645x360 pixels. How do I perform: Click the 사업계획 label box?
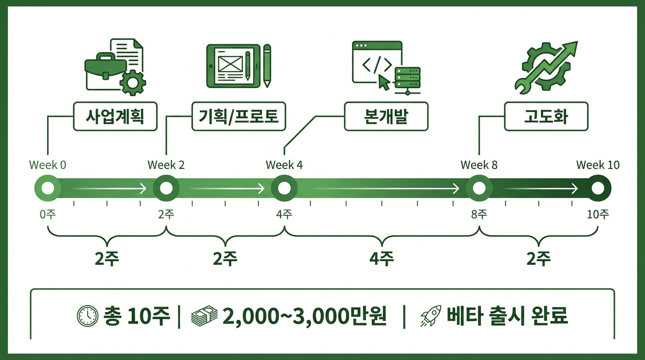115,117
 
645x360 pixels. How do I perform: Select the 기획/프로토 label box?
239,117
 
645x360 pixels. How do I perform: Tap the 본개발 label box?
386,117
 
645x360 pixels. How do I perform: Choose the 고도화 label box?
546,117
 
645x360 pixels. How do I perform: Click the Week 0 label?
48,165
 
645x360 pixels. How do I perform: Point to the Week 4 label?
284,165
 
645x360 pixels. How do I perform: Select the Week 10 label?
598,165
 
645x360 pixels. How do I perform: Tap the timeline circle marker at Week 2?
166,188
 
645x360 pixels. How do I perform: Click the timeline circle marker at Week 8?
479,188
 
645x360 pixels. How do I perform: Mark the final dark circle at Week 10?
598,188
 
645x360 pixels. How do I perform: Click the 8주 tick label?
479,215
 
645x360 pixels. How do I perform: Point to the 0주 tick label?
48,215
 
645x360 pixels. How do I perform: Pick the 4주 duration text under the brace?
382,259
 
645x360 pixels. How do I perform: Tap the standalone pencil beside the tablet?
267,66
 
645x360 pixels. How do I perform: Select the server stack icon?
407,79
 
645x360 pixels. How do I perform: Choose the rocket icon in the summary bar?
430,316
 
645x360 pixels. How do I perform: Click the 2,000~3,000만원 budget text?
305,316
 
